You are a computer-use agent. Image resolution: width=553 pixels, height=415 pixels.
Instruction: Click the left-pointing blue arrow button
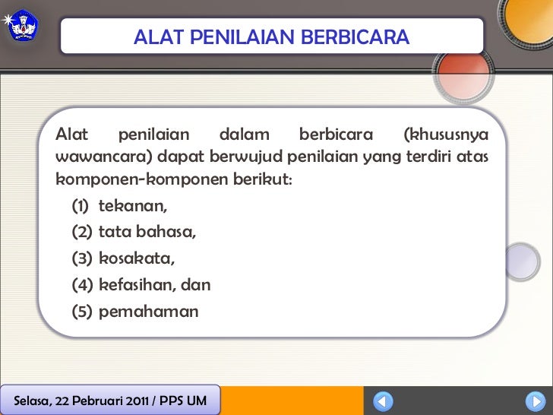point(384,401)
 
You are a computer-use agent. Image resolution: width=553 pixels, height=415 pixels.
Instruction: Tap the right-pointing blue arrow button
point(534,401)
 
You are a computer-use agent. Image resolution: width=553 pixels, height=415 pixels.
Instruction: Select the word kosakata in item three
point(137,259)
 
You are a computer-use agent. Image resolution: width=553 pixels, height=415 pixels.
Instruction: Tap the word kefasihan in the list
point(134,286)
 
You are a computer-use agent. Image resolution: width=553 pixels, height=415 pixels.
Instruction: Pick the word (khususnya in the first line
point(445,135)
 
